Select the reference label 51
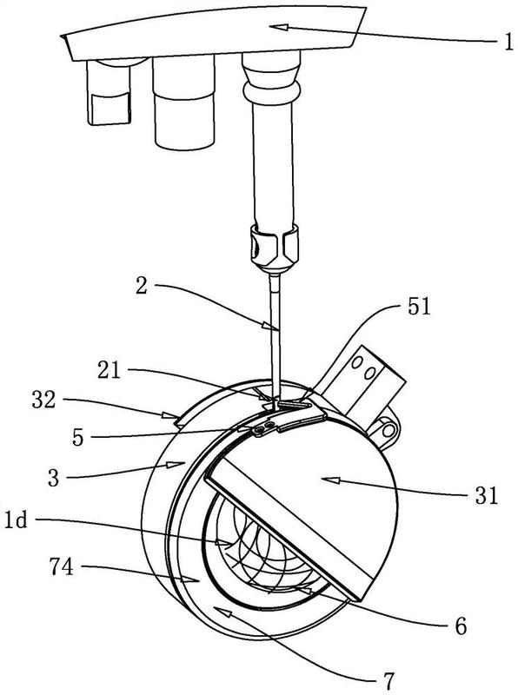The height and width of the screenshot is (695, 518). click(x=418, y=307)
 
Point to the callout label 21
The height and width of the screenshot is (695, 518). click(x=110, y=370)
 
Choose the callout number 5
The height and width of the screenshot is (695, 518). click(x=78, y=439)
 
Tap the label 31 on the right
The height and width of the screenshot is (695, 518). click(x=487, y=495)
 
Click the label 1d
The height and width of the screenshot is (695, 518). click(x=17, y=520)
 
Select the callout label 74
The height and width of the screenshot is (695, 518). click(x=61, y=566)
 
